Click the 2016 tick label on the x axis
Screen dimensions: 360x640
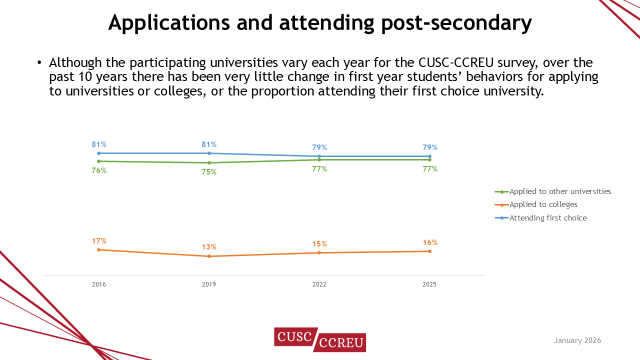click(x=99, y=284)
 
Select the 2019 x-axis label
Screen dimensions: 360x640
click(x=209, y=284)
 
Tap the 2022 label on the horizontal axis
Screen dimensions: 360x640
click(x=319, y=284)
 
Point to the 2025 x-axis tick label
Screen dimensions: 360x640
click(x=429, y=284)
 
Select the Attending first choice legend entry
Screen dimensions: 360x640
click(x=547, y=218)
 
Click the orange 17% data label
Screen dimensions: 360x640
click(x=99, y=241)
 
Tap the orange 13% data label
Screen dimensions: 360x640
click(x=209, y=247)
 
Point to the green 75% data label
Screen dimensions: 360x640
click(x=209, y=172)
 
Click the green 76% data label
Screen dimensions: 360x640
click(x=99, y=170)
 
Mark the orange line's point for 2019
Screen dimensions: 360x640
click(x=209, y=256)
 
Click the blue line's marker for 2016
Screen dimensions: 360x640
click(x=99, y=153)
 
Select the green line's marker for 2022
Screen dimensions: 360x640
click(x=319, y=159)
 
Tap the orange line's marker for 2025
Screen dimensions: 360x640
click(x=429, y=251)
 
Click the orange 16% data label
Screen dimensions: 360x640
click(x=429, y=242)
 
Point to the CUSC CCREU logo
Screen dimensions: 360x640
click(x=320, y=339)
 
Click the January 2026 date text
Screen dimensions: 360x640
click(x=577, y=340)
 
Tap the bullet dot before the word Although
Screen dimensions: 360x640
click(x=39, y=63)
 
